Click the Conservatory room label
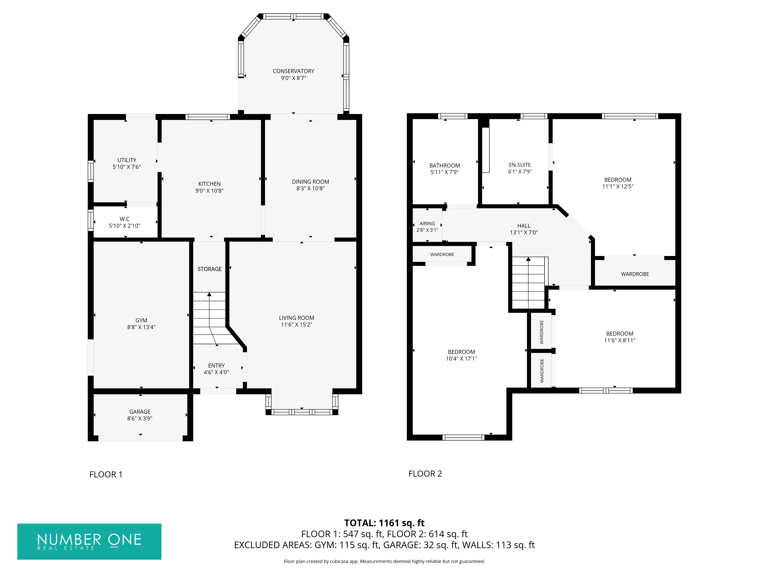pyautogui.click(x=293, y=71)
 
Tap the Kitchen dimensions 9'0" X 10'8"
pyautogui.click(x=209, y=191)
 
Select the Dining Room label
pyautogui.click(x=310, y=182)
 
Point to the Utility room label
pyautogui.click(x=127, y=160)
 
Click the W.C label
pyautogui.click(x=124, y=219)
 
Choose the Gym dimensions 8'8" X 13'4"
pyautogui.click(x=141, y=327)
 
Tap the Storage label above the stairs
pyautogui.click(x=209, y=269)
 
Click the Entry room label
pyautogui.click(x=216, y=366)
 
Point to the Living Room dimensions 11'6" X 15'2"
pyautogui.click(x=296, y=324)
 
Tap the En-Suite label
pyautogui.click(x=520, y=165)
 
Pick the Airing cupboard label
pyautogui.click(x=427, y=224)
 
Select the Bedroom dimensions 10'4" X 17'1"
pyautogui.click(x=461, y=359)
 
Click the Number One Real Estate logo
pyautogui.click(x=89, y=542)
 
